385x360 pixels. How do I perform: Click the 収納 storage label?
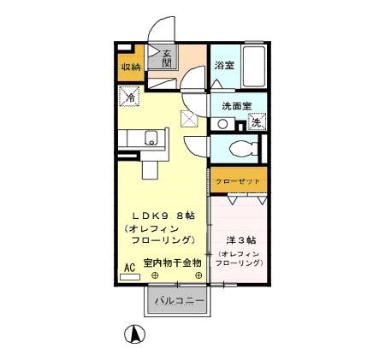click(x=129, y=67)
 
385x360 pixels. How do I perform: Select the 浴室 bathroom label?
click(x=225, y=65)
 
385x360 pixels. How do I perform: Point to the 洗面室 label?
click(x=237, y=106)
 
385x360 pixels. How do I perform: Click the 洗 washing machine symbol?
click(x=257, y=122)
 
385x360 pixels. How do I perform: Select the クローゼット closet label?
click(x=239, y=181)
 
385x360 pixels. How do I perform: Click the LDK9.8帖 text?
click(x=162, y=215)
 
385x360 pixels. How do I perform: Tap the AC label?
click(x=130, y=268)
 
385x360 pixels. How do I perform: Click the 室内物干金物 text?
click(x=172, y=263)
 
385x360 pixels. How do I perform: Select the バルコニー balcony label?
click(x=179, y=302)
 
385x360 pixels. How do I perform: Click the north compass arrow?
click(x=134, y=334)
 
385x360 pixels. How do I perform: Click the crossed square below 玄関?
click(x=188, y=120)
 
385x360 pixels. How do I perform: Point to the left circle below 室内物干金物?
click(x=155, y=275)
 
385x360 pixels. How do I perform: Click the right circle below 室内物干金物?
click(x=198, y=275)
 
